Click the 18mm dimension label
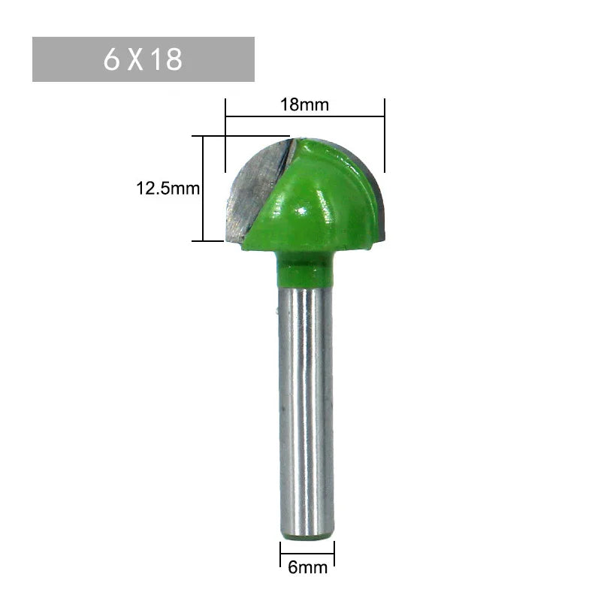(305, 105)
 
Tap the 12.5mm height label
(168, 189)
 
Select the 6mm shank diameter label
(307, 568)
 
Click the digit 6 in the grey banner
(111, 60)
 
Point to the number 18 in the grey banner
(165, 60)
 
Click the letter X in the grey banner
(135, 60)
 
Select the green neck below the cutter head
(306, 269)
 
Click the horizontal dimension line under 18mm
(305, 116)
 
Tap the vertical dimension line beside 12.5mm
(203, 188)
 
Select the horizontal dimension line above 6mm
(307, 554)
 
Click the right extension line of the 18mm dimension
(385, 135)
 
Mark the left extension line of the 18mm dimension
(226, 135)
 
